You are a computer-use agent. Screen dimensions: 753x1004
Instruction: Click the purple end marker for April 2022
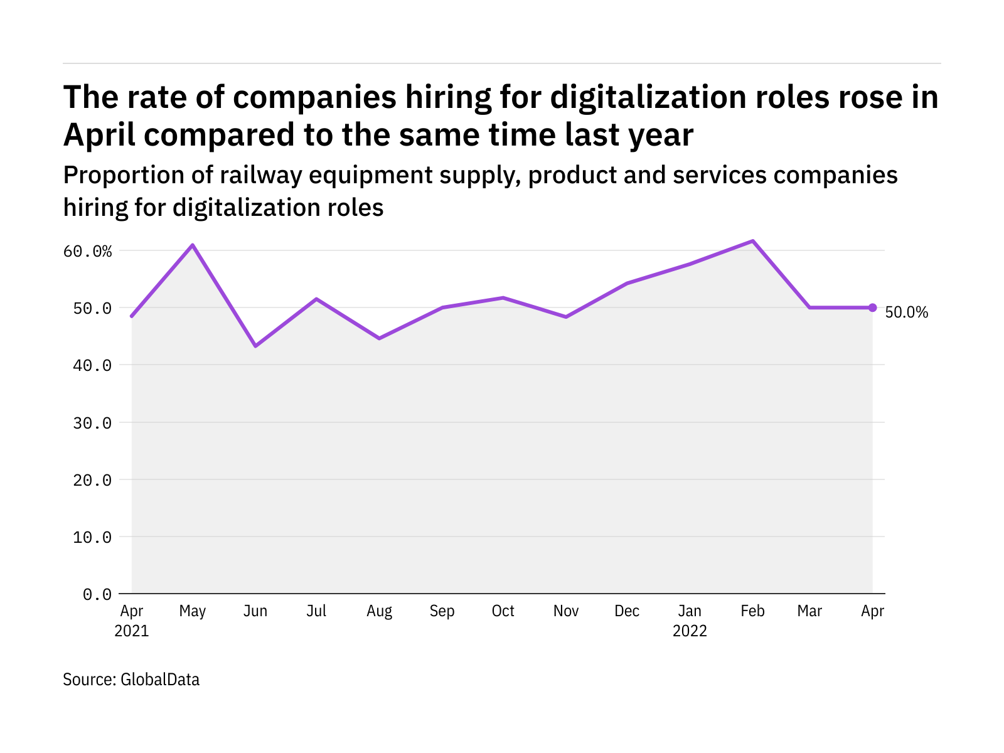(872, 307)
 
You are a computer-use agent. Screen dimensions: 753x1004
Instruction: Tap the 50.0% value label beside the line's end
(906, 312)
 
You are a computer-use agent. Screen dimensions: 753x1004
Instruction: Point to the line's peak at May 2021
(193, 245)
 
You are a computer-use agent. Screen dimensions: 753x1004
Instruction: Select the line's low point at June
(255, 346)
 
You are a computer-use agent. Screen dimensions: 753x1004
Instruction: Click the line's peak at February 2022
(752, 241)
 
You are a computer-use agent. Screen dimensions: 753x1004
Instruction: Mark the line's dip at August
(379, 338)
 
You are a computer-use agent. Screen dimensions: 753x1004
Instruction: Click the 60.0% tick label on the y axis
(87, 251)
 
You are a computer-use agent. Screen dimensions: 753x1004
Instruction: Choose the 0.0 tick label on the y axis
(97, 594)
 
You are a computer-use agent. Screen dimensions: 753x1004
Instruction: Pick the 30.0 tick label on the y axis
(92, 422)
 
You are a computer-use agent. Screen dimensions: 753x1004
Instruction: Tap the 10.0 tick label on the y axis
(92, 537)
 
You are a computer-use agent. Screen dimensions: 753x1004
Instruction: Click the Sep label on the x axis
(442, 611)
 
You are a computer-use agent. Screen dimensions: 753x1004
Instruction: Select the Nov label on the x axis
(566, 611)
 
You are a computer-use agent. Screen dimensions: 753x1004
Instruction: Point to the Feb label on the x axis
(752, 611)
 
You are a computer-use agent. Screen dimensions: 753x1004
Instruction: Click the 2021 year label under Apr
(132, 631)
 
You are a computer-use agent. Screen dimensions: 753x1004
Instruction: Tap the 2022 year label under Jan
(690, 631)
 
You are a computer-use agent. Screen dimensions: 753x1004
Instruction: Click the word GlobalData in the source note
(160, 680)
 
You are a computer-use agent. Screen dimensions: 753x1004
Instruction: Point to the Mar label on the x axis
(809, 611)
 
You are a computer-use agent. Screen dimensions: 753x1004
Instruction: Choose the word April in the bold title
(99, 136)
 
